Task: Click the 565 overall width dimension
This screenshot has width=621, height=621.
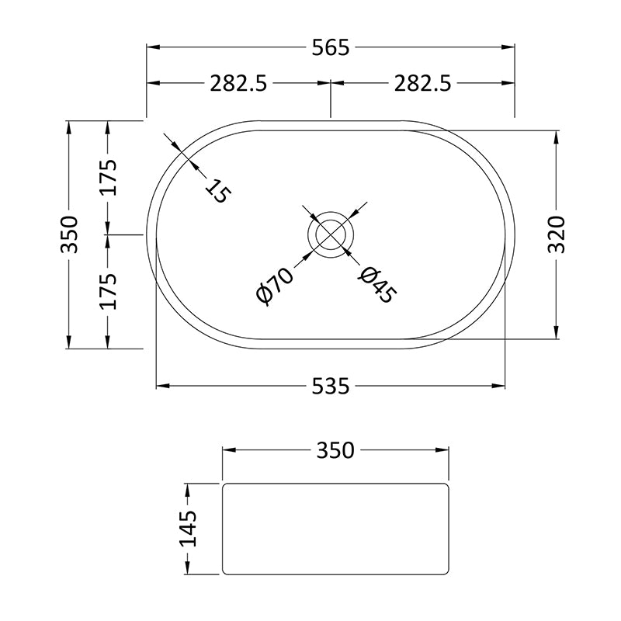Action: click(331, 47)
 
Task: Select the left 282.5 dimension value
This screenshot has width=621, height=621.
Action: click(238, 84)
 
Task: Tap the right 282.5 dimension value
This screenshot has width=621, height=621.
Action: click(422, 84)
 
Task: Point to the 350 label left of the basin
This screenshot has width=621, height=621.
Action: click(69, 234)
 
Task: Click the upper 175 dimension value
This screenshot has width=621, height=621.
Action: click(108, 178)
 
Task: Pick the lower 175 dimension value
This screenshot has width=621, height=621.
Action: click(108, 292)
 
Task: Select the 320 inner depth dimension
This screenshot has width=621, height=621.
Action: click(556, 234)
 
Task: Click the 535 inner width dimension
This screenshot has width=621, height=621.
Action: click(331, 386)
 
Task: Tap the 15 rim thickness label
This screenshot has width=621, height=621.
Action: click(217, 191)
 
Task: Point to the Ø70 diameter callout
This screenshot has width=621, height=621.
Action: click(275, 286)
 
